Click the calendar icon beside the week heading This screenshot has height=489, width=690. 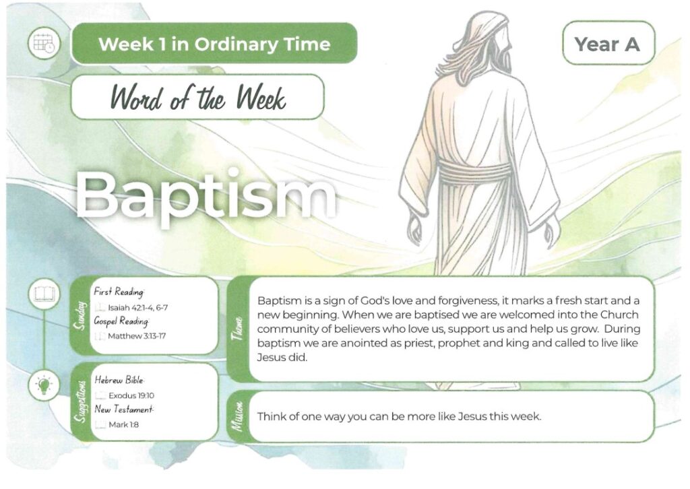44,43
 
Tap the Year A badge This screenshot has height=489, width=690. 608,44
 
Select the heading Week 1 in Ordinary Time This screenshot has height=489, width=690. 214,44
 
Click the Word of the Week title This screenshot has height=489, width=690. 198,97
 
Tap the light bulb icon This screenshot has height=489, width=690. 44,385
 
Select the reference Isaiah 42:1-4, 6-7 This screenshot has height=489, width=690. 137,308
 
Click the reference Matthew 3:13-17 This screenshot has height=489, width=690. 137,336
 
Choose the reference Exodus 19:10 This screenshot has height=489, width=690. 131,395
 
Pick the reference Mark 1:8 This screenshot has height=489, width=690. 124,424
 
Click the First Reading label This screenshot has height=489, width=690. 119,292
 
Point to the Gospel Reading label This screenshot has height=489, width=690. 121,321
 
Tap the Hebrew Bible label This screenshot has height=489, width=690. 119,379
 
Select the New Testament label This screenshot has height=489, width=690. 124,410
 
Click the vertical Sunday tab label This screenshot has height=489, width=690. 80,315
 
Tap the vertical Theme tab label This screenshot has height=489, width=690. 238,329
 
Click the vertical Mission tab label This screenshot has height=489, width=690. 238,416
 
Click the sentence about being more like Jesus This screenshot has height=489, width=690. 399,416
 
